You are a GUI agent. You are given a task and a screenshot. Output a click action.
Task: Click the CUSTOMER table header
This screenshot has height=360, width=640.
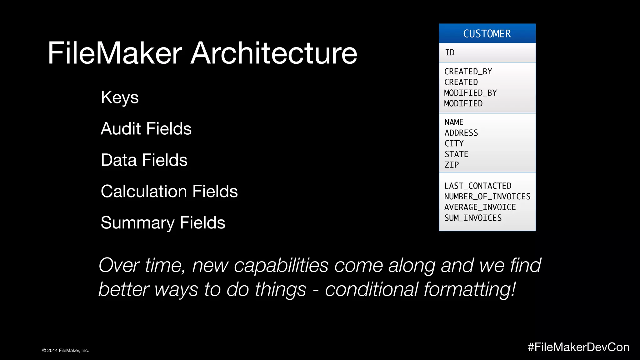487,33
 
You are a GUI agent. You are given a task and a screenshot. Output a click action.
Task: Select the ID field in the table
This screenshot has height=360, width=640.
450,52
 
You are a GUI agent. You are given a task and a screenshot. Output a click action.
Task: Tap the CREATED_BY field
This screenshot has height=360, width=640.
468,72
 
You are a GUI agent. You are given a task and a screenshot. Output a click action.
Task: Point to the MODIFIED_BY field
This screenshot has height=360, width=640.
470,93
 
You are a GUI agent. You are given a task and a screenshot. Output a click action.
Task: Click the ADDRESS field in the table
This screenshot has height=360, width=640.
461,133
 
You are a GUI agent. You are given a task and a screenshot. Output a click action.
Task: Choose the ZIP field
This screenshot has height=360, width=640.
452,165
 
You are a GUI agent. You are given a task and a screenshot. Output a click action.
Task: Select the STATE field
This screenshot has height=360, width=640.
456,154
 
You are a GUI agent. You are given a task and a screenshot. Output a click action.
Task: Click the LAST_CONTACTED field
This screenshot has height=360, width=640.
478,186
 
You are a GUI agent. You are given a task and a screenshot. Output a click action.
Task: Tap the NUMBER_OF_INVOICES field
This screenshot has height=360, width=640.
487,197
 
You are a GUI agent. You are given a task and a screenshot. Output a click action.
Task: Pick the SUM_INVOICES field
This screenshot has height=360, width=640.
473,218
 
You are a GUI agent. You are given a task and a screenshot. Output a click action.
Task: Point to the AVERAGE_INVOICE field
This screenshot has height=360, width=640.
480,207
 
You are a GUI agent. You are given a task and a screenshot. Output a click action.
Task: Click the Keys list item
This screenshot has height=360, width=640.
120,97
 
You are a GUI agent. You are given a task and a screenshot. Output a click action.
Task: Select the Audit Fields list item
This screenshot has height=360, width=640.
146,129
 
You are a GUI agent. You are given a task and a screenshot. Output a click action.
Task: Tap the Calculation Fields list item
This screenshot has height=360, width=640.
169,191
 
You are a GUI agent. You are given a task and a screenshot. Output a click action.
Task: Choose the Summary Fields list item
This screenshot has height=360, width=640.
163,223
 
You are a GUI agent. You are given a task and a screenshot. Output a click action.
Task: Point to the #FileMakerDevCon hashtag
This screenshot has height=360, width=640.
578,347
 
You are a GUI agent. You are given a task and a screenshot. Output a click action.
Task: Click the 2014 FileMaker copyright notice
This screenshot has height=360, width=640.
66,351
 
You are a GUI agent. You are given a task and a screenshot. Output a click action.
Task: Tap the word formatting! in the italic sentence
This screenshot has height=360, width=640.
470,289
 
